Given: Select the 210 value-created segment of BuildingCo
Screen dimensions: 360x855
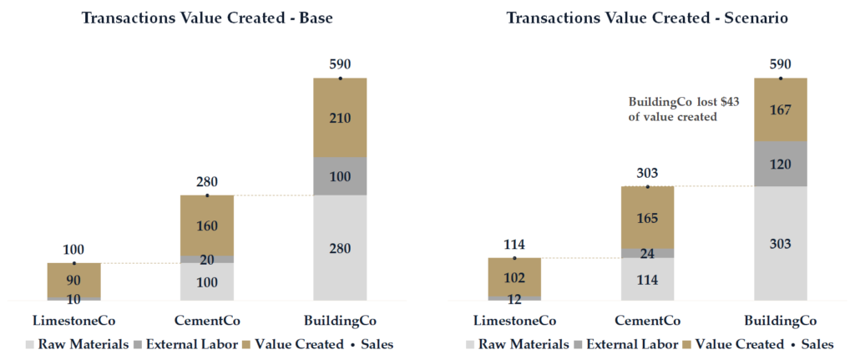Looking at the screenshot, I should [340, 118].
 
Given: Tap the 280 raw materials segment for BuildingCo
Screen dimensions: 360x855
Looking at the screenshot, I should [340, 248].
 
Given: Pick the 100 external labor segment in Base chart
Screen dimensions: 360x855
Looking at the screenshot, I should [340, 176].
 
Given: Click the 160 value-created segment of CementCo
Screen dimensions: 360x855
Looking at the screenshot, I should [207, 225].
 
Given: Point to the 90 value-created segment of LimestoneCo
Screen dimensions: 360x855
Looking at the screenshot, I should [74, 280].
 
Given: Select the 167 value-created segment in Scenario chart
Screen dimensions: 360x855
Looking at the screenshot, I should [781, 109].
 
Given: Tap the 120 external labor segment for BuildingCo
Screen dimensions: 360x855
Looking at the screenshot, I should [781, 164].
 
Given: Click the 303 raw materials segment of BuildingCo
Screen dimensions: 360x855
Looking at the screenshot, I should [781, 243].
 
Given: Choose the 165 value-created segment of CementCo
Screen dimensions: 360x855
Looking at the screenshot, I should [647, 217].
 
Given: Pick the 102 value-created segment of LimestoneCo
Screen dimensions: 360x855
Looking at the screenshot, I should [514, 276].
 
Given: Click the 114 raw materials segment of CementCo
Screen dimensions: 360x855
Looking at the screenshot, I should [647, 279].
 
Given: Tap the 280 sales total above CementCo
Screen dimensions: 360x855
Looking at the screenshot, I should [207, 181].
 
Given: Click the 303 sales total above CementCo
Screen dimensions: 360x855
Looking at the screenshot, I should [647, 173].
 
